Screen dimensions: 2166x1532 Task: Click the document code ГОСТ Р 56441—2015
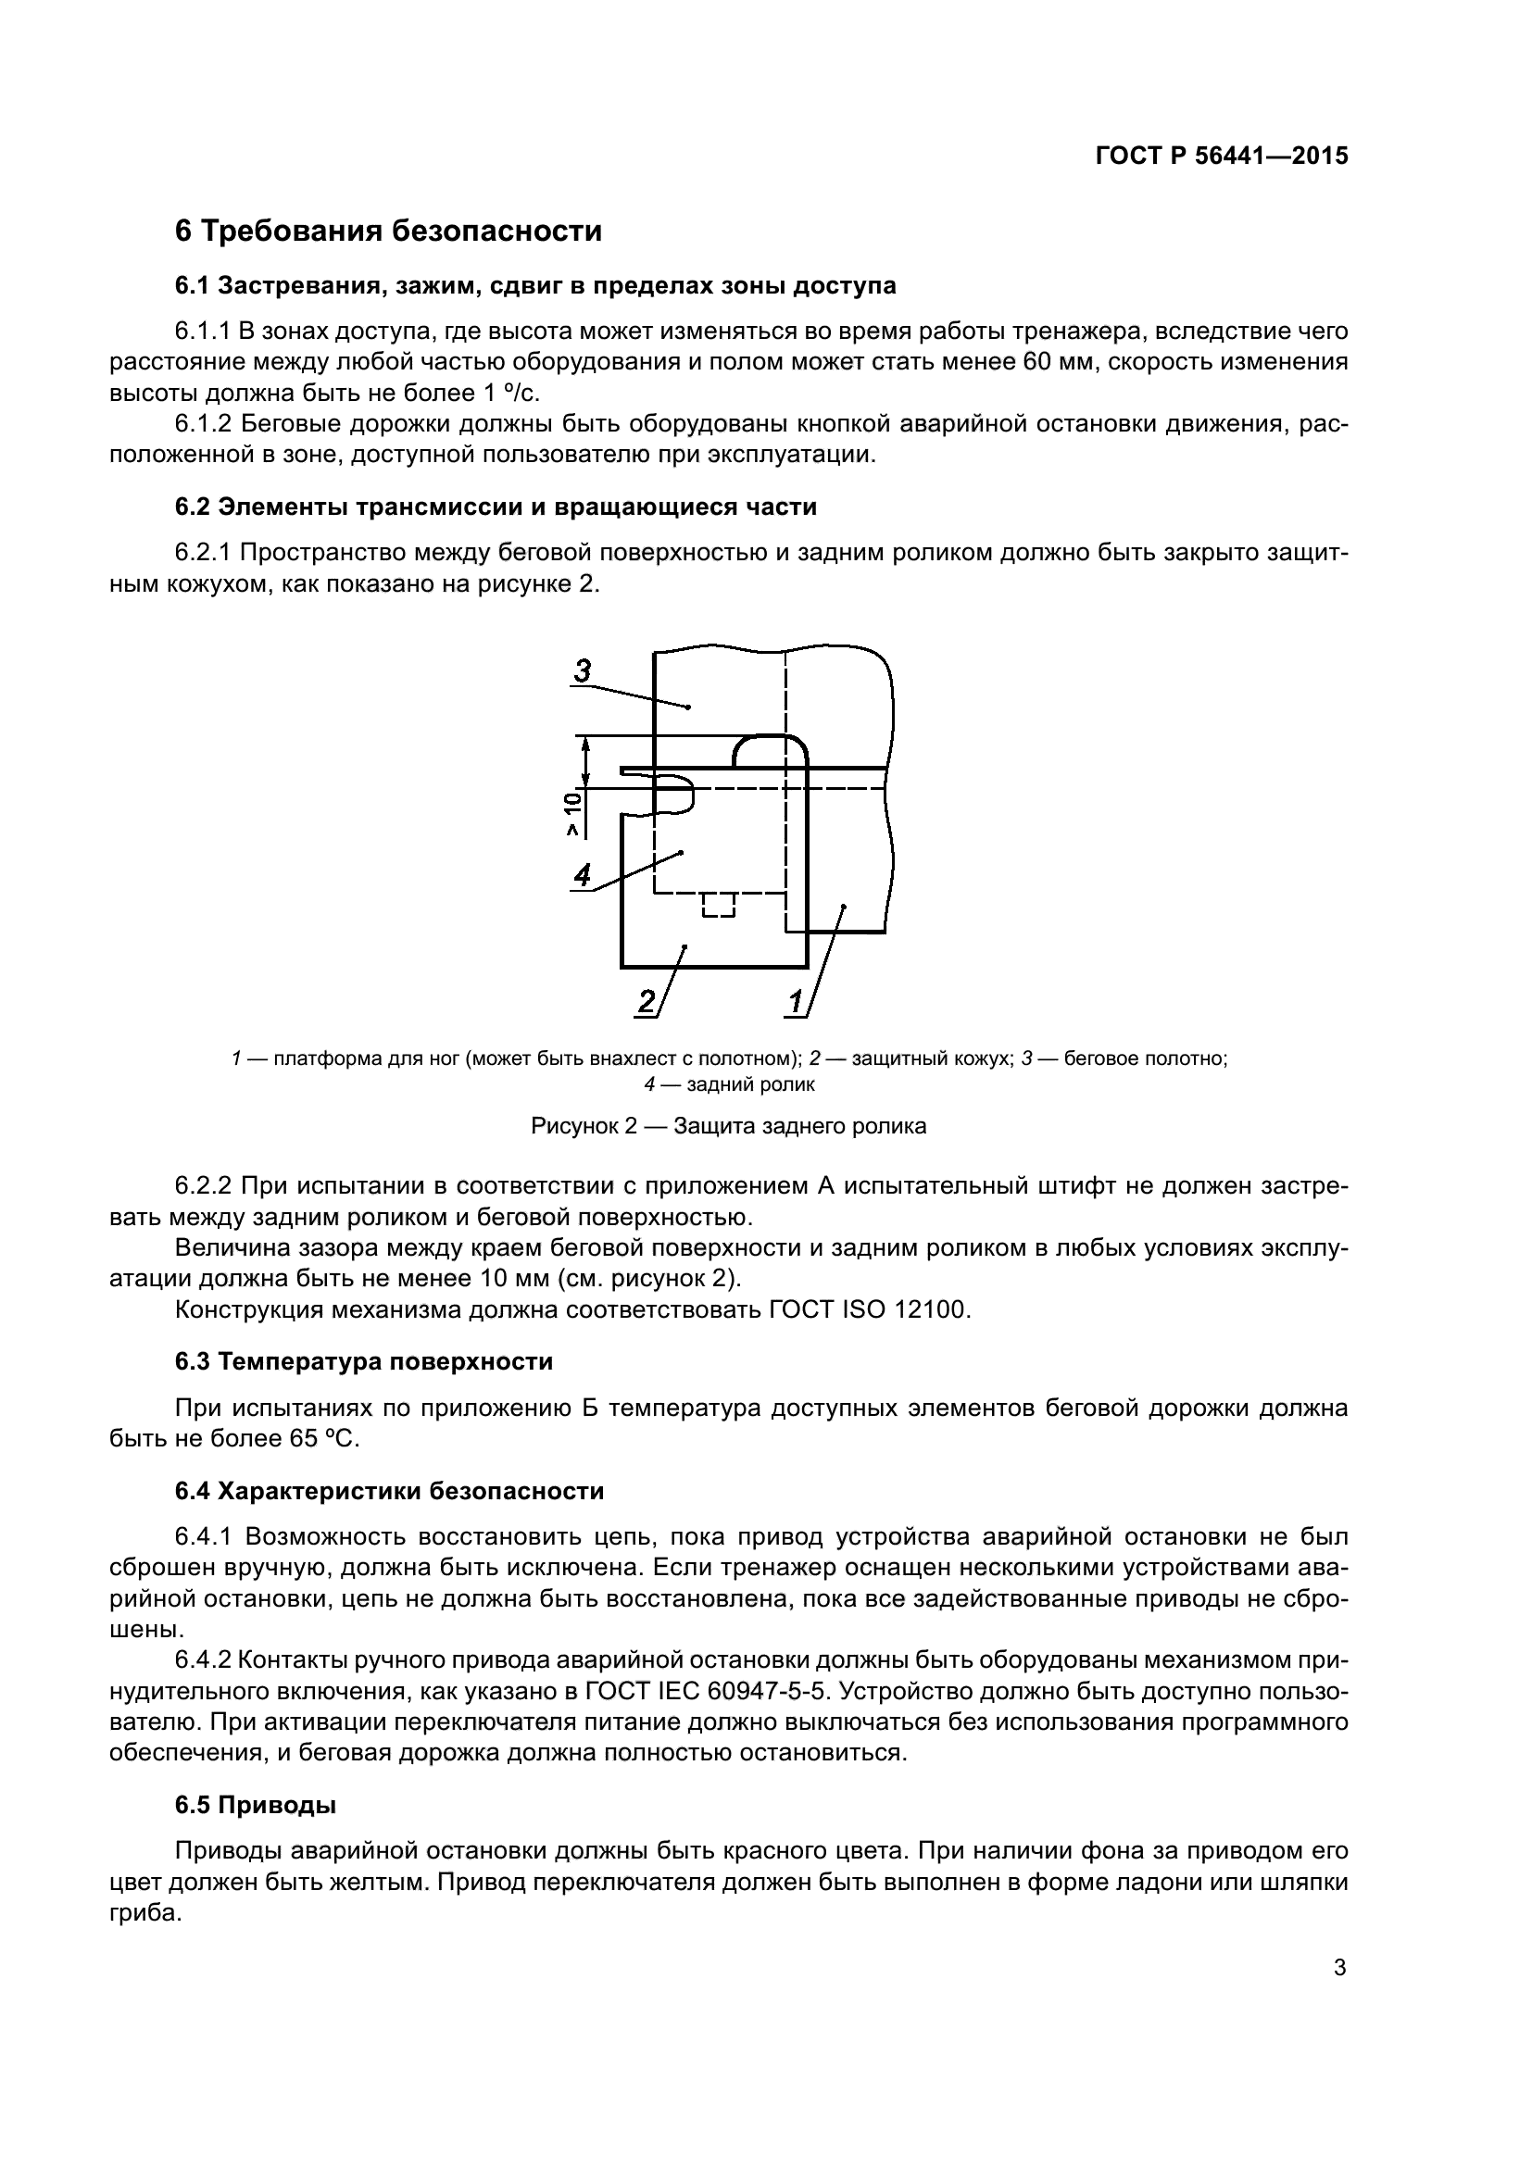coord(1222,157)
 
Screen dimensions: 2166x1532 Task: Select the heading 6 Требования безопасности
coord(388,231)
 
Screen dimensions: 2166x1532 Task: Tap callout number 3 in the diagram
coord(583,670)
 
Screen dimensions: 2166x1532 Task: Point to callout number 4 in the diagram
coord(582,874)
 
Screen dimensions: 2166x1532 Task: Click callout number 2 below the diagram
coord(647,1001)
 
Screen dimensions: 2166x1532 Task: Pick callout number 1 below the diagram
coord(796,1001)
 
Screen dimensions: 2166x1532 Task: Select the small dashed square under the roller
coord(719,905)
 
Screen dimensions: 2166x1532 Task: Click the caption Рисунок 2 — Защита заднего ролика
coord(728,1125)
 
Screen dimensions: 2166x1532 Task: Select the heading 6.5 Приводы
coord(256,1806)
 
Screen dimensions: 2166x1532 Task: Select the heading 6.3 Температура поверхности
coord(363,1361)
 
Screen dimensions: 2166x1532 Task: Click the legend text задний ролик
coord(750,1084)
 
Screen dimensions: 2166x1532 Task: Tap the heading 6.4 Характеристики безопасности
coord(389,1492)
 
